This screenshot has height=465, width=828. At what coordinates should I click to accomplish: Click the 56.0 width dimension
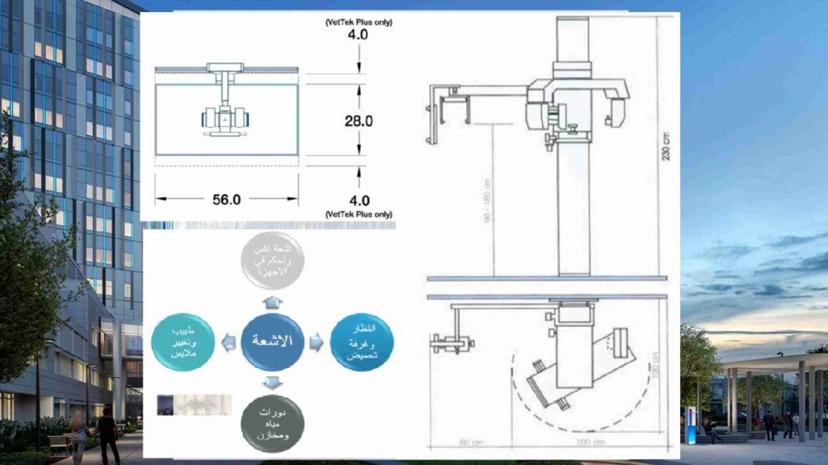pyautogui.click(x=226, y=200)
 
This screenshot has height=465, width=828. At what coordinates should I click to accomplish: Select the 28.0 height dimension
pyautogui.click(x=358, y=120)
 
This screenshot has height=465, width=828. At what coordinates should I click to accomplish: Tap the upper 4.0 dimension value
pyautogui.click(x=359, y=36)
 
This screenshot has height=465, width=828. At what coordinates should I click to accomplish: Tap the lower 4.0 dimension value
pyautogui.click(x=359, y=200)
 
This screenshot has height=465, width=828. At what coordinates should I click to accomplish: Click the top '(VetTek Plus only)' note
pyautogui.click(x=359, y=23)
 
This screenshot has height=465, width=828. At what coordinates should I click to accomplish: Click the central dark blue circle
pyautogui.click(x=277, y=340)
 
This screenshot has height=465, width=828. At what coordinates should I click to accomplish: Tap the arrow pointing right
pyautogui.click(x=317, y=342)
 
